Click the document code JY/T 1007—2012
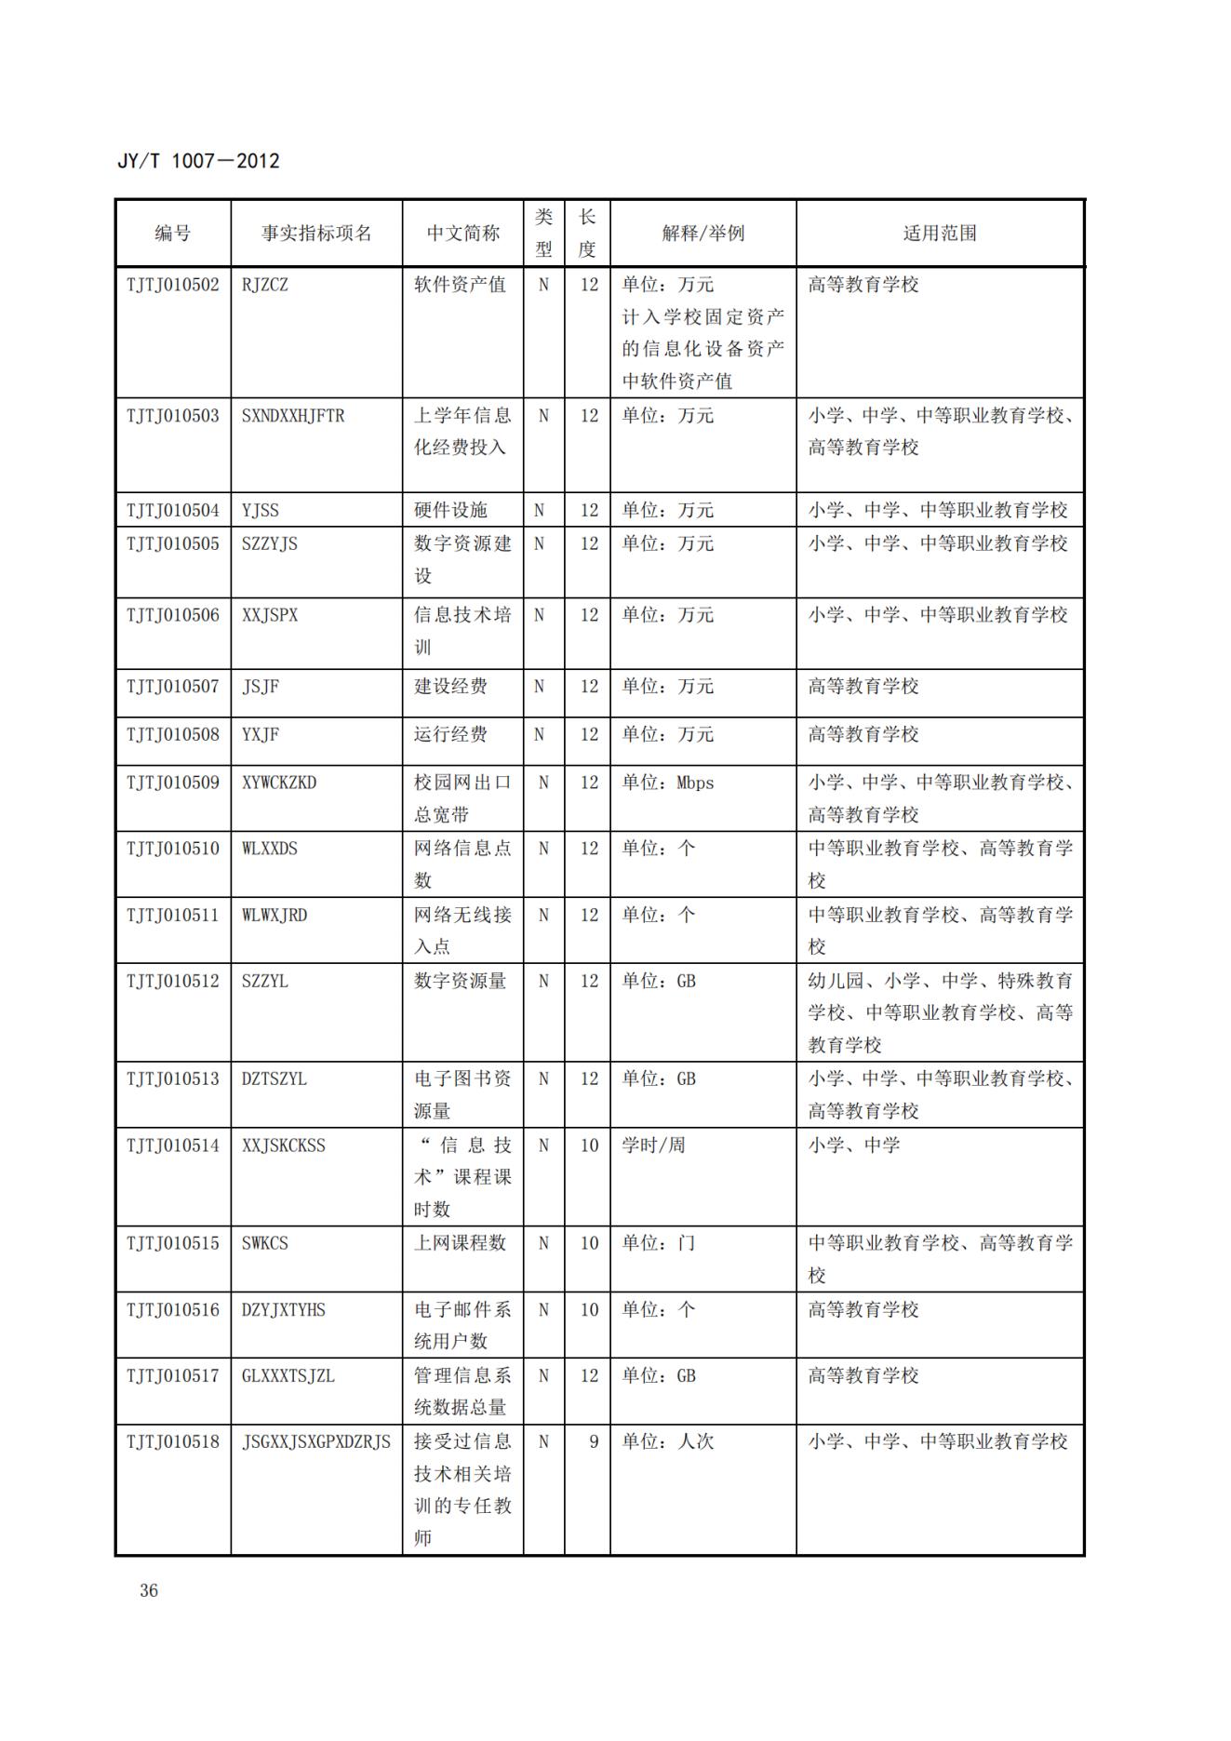coord(198,161)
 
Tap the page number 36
coord(149,1590)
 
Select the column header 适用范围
coord(940,234)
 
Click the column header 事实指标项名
coord(316,234)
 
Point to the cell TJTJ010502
coord(173,285)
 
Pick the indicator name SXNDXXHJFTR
coord(293,416)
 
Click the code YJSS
coord(261,510)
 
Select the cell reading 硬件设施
coord(450,510)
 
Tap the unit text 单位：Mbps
coord(668,783)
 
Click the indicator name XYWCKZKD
coord(279,783)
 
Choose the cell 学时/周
coord(653,1145)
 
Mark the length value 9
coord(593,1441)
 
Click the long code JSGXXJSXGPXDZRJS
coord(316,1441)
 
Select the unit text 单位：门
coord(659,1243)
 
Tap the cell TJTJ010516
coord(173,1309)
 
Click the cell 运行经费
coord(450,734)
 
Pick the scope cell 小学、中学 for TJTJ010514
coord(853,1145)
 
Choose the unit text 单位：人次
coord(668,1441)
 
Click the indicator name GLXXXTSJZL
coord(288,1375)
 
